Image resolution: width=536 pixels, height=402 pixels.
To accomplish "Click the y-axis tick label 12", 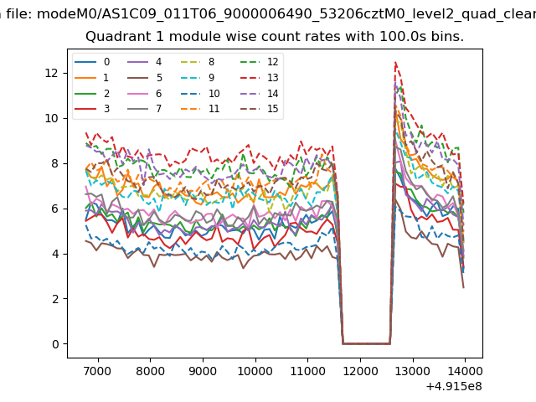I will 52,73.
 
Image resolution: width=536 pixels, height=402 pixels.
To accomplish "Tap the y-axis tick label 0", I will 55,344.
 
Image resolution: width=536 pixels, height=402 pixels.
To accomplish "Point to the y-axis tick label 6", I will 55,209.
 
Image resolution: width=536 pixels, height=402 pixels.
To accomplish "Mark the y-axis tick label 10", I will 52,118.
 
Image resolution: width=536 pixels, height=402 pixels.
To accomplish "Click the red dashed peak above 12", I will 395,63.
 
